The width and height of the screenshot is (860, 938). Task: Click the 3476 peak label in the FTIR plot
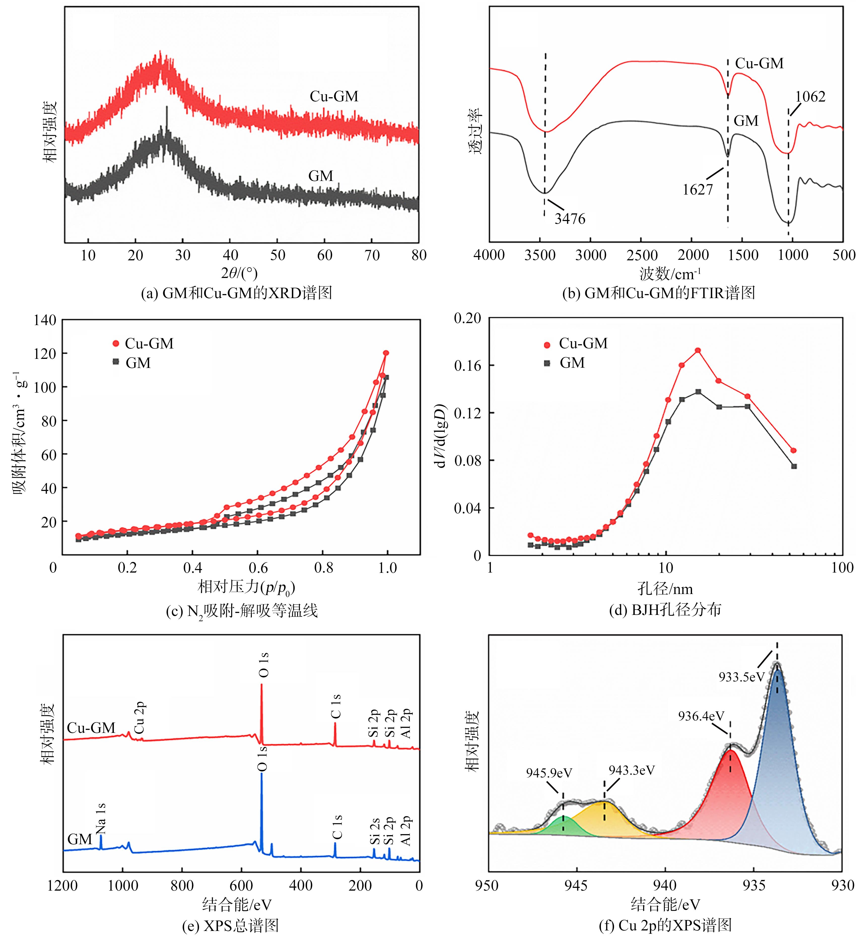coord(570,218)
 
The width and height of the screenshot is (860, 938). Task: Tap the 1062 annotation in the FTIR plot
coord(810,97)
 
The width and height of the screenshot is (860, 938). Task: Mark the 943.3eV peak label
coord(632,770)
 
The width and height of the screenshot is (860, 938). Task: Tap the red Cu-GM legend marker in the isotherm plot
coord(116,344)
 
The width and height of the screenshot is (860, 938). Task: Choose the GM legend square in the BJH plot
coord(547,363)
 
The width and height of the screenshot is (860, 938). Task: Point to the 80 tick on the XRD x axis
coord(419,255)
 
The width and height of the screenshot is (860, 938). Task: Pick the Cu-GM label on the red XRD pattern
coord(334,97)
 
